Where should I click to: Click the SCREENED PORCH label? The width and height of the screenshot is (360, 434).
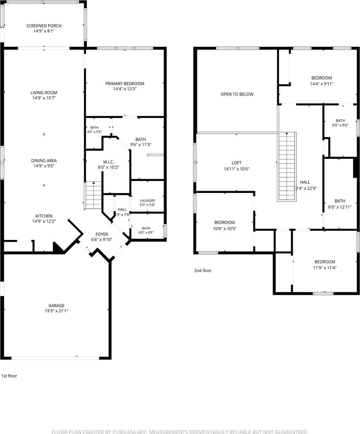(44, 26)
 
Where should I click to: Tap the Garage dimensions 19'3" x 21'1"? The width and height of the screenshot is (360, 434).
(57, 311)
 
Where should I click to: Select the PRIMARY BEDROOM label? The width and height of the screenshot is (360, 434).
(125, 83)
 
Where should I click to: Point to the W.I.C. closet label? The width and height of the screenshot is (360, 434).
(108, 162)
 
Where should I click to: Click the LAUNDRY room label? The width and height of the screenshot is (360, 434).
(147, 200)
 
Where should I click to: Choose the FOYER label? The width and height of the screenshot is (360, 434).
(102, 234)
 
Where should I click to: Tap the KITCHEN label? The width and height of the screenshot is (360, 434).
(44, 216)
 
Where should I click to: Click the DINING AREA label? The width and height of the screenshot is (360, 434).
(44, 161)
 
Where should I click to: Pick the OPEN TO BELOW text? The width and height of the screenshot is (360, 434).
(237, 94)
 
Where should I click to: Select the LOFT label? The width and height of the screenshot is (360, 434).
(237, 163)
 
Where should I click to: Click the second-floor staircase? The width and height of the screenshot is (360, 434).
(287, 166)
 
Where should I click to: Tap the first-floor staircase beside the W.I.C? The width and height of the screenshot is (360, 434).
(93, 196)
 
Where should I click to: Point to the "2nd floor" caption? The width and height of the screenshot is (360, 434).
(203, 271)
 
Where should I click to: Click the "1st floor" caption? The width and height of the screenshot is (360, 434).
(9, 376)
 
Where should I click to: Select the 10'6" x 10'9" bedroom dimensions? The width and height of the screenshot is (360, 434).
(225, 229)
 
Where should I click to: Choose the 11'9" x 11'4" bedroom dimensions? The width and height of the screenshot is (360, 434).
(325, 268)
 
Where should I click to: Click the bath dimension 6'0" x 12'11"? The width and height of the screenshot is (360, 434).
(340, 207)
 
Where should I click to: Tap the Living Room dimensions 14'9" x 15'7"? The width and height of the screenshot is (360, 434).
(44, 98)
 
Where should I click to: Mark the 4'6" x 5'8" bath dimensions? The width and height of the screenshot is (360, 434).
(95, 132)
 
